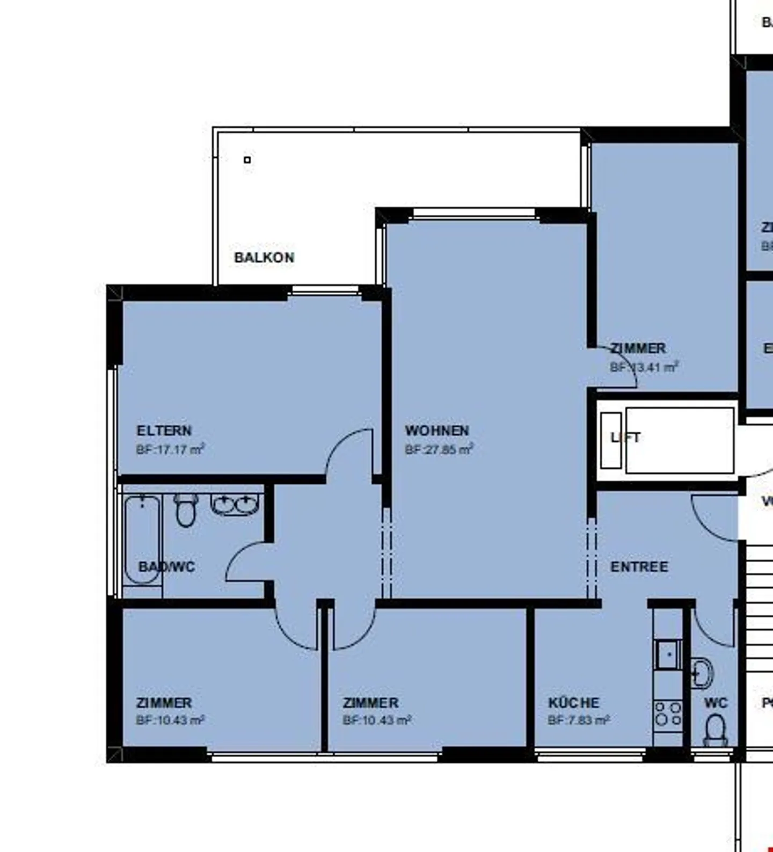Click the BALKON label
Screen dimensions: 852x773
pyautogui.click(x=264, y=257)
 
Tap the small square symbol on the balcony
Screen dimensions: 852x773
pyautogui.click(x=247, y=159)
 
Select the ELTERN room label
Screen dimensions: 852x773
pyautogui.click(x=164, y=431)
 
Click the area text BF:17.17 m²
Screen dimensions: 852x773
pyautogui.click(x=170, y=449)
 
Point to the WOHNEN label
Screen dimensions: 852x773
pyautogui.click(x=437, y=431)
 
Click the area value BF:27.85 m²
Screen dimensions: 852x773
pyautogui.click(x=439, y=449)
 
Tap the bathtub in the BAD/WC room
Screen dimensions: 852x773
pyautogui.click(x=142, y=540)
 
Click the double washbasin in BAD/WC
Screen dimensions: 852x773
pyautogui.click(x=235, y=505)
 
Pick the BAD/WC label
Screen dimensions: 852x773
pyautogui.click(x=166, y=566)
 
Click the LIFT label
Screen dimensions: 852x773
pyautogui.click(x=625, y=438)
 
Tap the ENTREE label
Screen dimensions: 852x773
pyautogui.click(x=639, y=566)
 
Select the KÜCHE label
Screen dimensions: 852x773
pyautogui.click(x=573, y=703)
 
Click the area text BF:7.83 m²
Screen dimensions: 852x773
pyautogui.click(x=578, y=720)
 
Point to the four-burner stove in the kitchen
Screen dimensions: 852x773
pyautogui.click(x=668, y=714)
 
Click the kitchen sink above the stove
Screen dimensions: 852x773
pyautogui.click(x=668, y=655)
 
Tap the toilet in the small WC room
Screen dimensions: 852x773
pyautogui.click(x=715, y=731)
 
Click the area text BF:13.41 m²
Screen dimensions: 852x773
pyautogui.click(x=644, y=367)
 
